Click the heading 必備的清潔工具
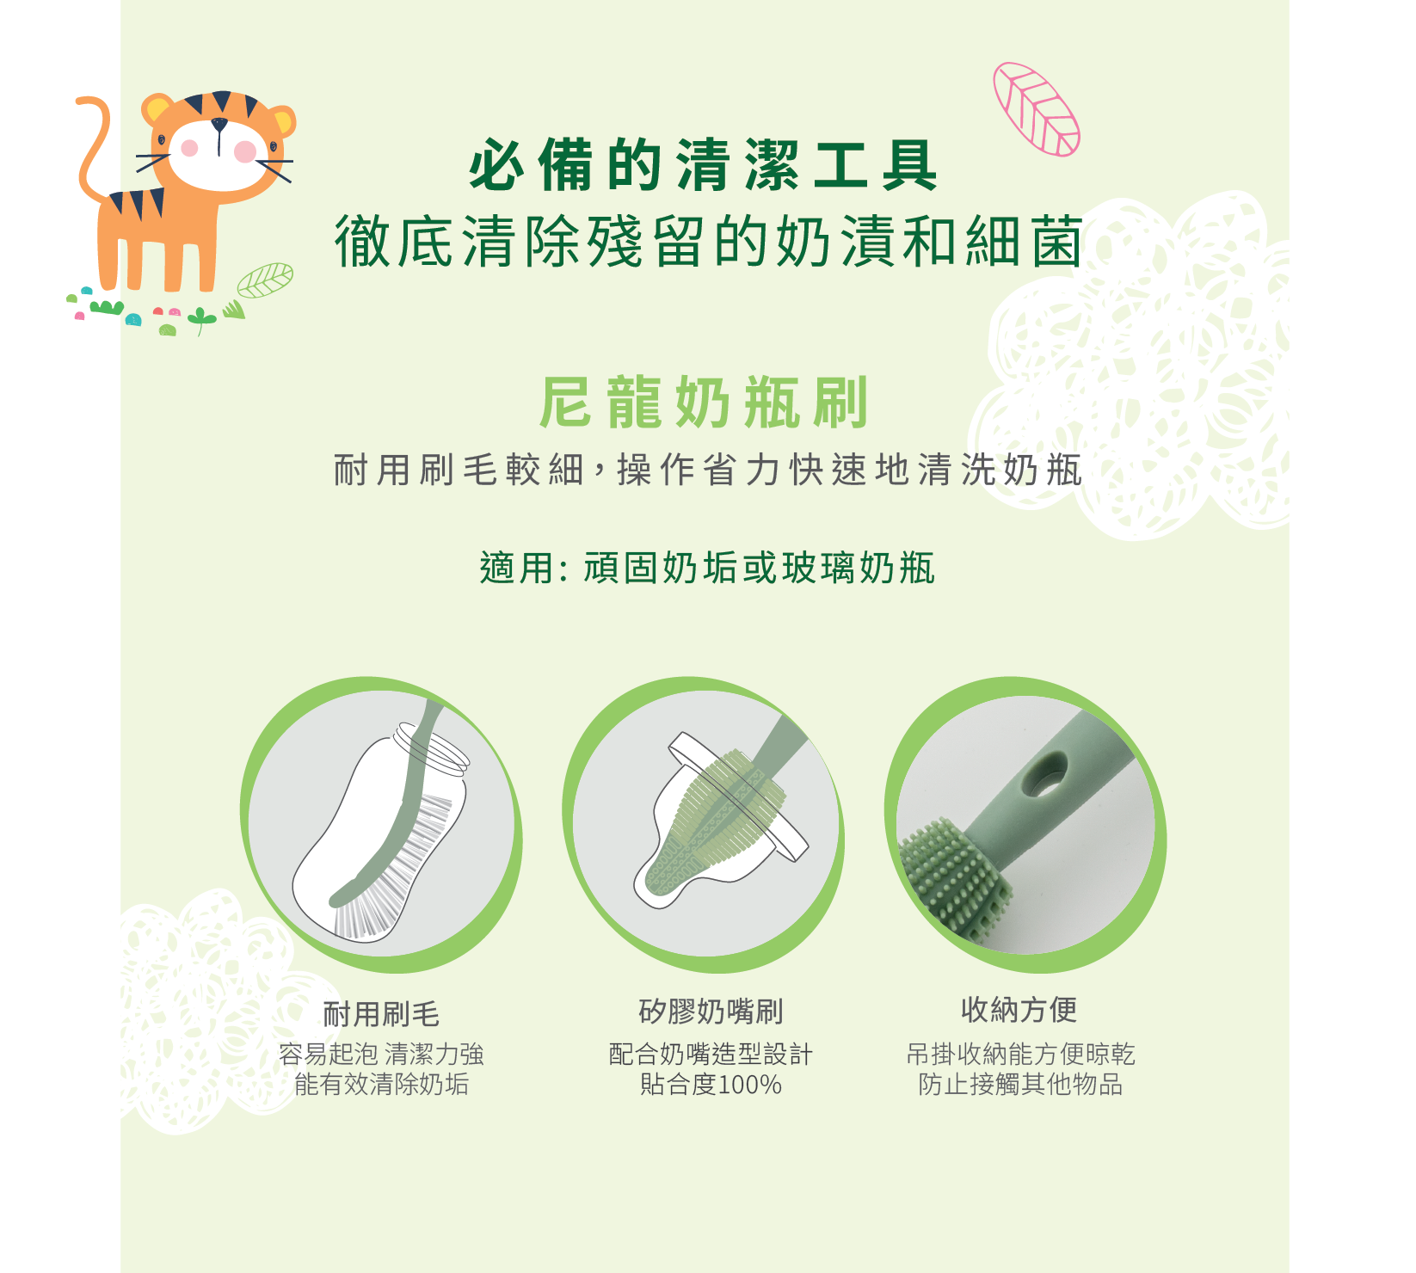703,166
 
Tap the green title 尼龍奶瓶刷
704,403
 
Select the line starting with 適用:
707,569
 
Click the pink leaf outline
1036,109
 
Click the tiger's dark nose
219,126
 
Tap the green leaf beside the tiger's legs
265,280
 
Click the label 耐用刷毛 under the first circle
381,1014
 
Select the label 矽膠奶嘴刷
711,1012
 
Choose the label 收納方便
1019,1010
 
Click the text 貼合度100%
711,1085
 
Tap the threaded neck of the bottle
431,745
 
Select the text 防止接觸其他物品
1020,1085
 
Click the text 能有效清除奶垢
381,1085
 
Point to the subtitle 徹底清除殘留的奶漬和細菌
708,242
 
